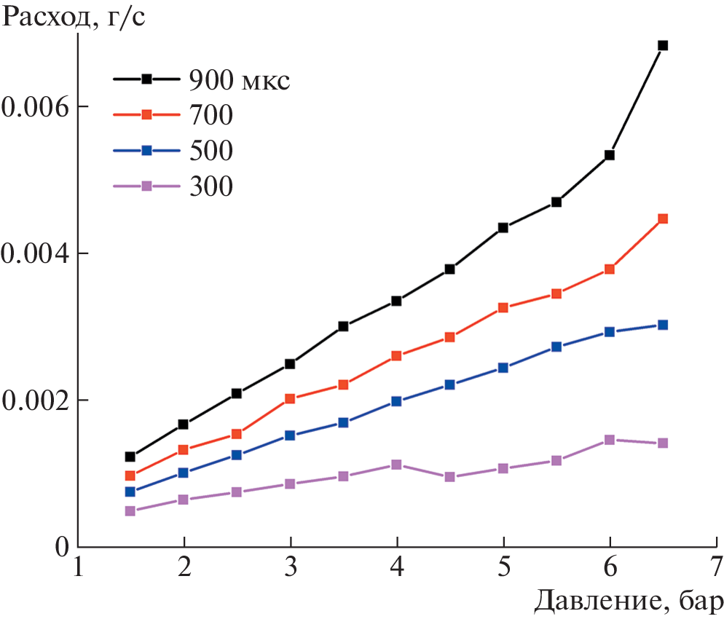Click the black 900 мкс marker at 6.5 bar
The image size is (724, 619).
point(663,45)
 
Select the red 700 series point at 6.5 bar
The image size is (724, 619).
point(663,218)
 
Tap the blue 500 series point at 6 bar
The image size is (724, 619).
point(610,332)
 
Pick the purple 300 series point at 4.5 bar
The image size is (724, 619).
point(450,477)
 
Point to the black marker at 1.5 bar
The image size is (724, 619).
point(130,457)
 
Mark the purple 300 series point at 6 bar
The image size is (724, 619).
point(610,440)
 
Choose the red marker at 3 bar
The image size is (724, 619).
point(290,398)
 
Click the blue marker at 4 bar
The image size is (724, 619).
point(397,401)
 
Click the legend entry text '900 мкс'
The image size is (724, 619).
point(240,79)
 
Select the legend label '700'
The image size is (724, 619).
point(211,114)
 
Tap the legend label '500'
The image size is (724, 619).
point(211,150)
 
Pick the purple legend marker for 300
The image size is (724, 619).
point(146,186)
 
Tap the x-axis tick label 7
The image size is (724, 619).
point(717,566)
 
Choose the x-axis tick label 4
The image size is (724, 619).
point(397,566)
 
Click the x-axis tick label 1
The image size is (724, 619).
point(78,566)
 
